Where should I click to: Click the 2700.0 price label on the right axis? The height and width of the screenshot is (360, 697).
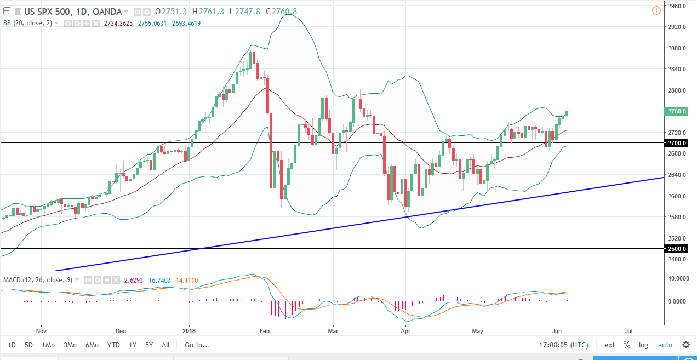(x=677, y=143)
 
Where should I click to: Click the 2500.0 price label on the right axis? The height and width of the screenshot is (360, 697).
(x=677, y=249)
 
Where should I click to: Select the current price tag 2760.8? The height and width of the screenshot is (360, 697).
(x=677, y=111)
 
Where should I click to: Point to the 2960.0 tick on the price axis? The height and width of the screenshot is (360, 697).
(x=677, y=6)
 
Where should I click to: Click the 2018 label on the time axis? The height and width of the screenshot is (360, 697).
(x=189, y=331)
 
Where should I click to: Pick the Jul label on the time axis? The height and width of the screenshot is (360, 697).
(x=629, y=331)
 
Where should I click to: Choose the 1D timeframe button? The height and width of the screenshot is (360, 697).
(x=12, y=345)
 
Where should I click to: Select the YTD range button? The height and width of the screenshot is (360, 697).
(x=113, y=345)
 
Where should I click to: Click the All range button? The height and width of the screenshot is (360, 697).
(x=165, y=345)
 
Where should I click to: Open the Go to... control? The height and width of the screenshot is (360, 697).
(x=197, y=345)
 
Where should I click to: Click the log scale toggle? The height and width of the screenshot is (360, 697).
(x=643, y=345)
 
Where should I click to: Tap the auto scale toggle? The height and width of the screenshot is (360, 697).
(x=665, y=345)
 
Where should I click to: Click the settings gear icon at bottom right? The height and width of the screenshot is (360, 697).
(x=686, y=345)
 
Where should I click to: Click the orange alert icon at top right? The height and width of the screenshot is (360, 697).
(x=656, y=10)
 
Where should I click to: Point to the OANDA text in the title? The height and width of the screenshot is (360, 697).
(x=105, y=12)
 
